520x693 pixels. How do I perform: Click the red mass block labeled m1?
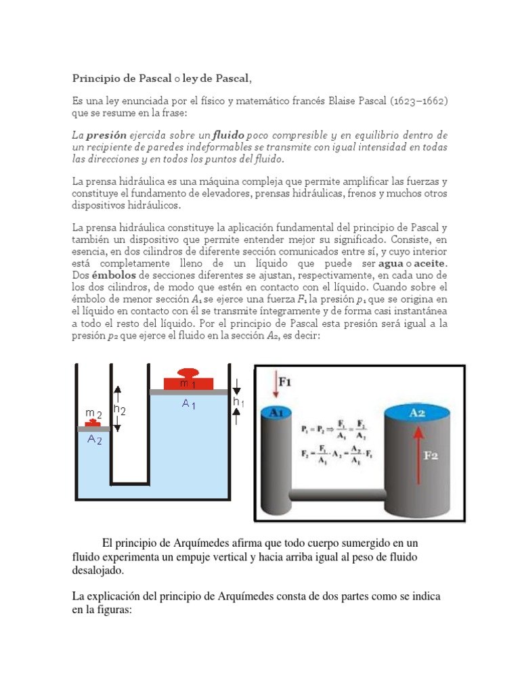(x=188, y=383)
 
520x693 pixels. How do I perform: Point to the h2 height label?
(x=119, y=409)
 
